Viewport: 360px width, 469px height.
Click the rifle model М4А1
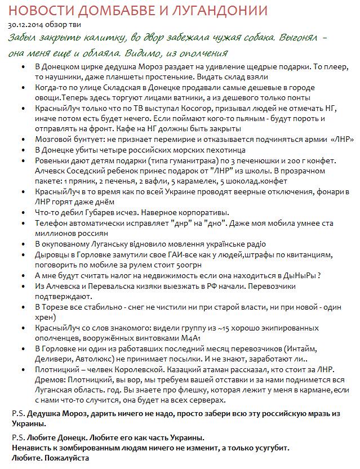197,338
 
